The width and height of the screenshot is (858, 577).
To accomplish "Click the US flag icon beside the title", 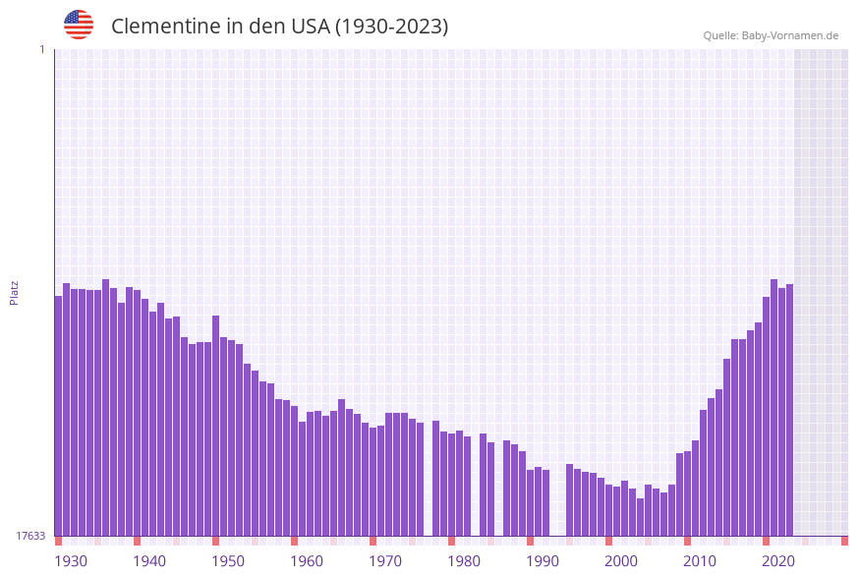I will click(79, 25).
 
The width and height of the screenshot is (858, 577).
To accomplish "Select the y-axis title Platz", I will click(15, 292).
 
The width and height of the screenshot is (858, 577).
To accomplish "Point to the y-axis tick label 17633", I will click(30, 536).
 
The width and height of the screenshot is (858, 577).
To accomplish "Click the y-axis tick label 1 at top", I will click(41, 49).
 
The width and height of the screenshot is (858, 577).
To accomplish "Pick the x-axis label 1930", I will click(71, 560).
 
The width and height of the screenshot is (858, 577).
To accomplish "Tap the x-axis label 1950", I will click(228, 560).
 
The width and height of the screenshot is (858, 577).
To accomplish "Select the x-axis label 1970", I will click(385, 560).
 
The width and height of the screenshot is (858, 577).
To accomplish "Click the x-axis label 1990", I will click(543, 560).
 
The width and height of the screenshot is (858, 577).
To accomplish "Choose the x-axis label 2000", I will click(621, 560).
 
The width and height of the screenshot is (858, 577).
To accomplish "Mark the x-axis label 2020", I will click(778, 560).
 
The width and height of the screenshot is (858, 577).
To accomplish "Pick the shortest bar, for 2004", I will click(640, 516).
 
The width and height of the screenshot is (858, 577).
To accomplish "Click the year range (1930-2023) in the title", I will click(391, 27).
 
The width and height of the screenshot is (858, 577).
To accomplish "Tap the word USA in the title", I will click(311, 27).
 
